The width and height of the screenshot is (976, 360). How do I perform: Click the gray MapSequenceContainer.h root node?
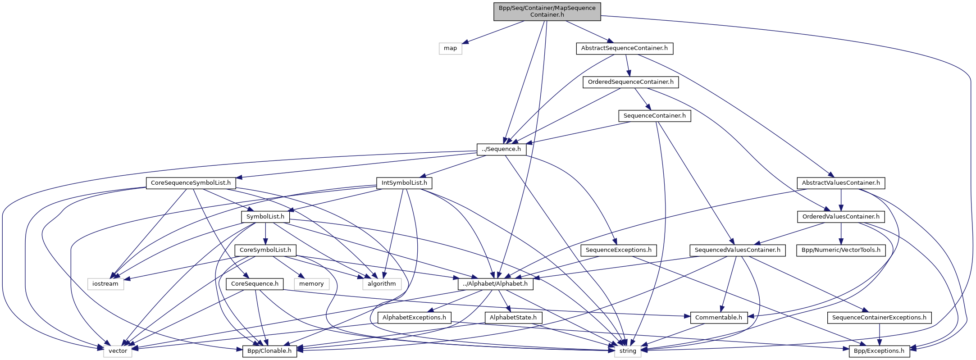[x=547, y=11]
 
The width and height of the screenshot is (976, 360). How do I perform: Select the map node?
[x=450, y=48]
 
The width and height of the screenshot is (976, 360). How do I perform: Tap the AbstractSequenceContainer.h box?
[x=624, y=48]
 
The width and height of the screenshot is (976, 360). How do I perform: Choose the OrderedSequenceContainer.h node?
[x=630, y=82]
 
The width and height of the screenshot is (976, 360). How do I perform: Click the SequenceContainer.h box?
[x=654, y=116]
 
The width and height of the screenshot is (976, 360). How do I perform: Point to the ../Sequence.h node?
[x=502, y=149]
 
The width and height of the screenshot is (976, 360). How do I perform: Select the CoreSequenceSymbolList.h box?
[x=191, y=183]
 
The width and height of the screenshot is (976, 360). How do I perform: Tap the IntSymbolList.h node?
[x=404, y=183]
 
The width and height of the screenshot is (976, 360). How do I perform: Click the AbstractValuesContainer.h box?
[x=841, y=183]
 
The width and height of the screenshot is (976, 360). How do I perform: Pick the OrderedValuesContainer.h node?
[x=841, y=217]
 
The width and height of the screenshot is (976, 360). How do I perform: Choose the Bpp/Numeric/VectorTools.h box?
[x=841, y=250]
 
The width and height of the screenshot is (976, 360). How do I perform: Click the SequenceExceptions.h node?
[x=619, y=250]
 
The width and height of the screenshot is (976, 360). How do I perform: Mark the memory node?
[x=311, y=284]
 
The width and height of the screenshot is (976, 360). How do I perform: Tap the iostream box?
[x=105, y=284]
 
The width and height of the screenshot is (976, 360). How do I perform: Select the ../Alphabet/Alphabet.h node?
[x=496, y=284]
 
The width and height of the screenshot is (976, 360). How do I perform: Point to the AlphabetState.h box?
[x=513, y=318]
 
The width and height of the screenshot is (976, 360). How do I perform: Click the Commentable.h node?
[x=718, y=318]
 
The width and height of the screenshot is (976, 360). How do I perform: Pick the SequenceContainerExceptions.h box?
[x=879, y=318]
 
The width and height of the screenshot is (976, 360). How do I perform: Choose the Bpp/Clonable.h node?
[x=269, y=351]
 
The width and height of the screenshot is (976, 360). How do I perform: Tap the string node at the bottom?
[x=628, y=351]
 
